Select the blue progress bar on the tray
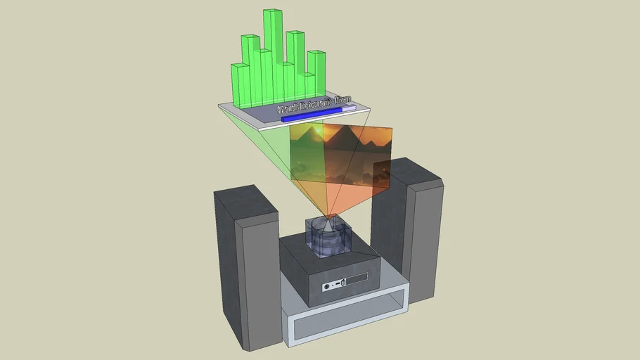point(309,117)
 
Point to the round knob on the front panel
point(326,286)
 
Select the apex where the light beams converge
point(328,216)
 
